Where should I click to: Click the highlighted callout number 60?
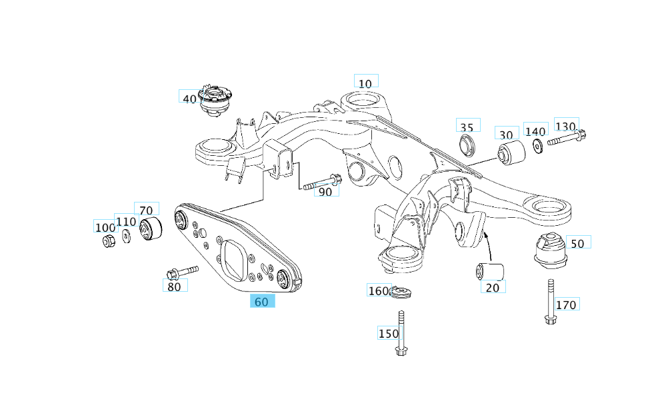[262, 301]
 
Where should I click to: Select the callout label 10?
[365, 83]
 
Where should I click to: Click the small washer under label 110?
[127, 236]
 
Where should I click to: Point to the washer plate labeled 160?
[401, 292]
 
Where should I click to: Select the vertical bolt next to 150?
[401, 333]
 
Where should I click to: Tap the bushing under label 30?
[511, 153]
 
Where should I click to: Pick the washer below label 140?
[537, 145]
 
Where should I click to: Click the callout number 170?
[566, 304]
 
